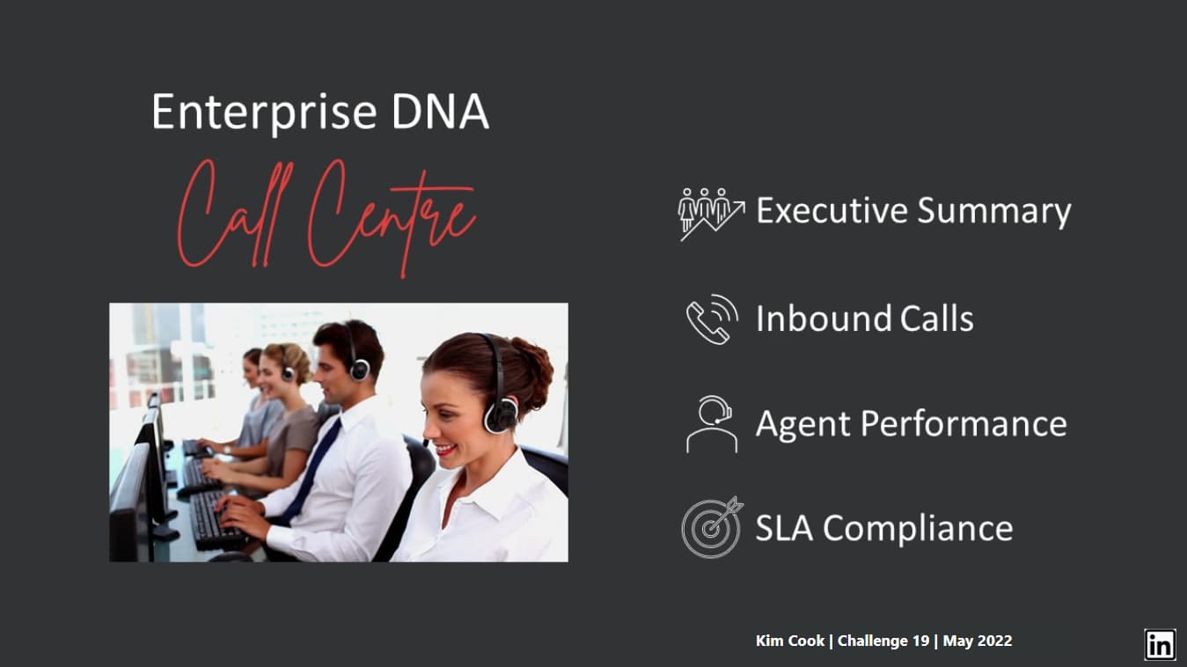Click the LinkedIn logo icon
[x=1160, y=645]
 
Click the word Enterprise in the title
[x=264, y=113]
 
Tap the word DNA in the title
[x=440, y=111]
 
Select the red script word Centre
[x=391, y=217]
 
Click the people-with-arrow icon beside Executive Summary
[x=711, y=214]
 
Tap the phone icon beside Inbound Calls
[x=712, y=319]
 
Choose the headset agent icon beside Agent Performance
[x=711, y=424]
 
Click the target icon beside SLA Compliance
[x=712, y=527]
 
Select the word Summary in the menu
[x=994, y=211]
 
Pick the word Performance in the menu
[x=964, y=424]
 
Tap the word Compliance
[x=918, y=529]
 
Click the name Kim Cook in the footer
[x=789, y=641]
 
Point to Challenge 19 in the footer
[x=883, y=641]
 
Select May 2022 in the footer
[x=978, y=641]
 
